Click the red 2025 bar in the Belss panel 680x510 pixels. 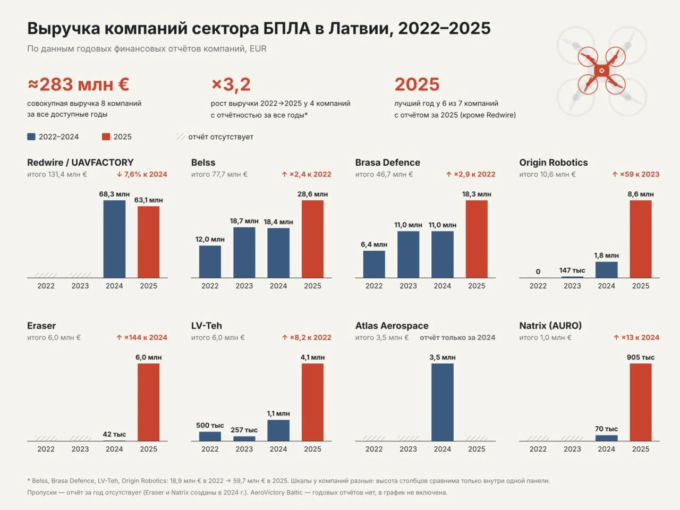(312, 239)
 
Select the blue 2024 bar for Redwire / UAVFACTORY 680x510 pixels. (114, 239)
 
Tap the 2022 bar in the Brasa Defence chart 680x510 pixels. (374, 264)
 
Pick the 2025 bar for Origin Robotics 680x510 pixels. (640, 239)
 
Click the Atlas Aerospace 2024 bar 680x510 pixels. (443, 402)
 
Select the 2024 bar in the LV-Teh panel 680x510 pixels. (278, 430)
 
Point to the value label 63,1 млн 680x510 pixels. (148, 200)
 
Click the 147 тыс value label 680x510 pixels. (572, 270)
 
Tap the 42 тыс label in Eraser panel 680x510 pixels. (114, 434)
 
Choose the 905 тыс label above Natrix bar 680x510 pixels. (640, 358)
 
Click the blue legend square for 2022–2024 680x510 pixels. (31, 137)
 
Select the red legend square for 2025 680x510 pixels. (106, 137)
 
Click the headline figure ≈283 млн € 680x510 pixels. (79, 84)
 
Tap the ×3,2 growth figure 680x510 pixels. (231, 84)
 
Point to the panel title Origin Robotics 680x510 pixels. (553, 162)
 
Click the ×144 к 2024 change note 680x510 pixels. (141, 337)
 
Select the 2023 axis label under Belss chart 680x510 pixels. (244, 286)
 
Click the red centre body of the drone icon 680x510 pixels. (601, 71)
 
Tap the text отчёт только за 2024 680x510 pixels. (457, 337)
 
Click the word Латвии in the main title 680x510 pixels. (361, 29)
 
